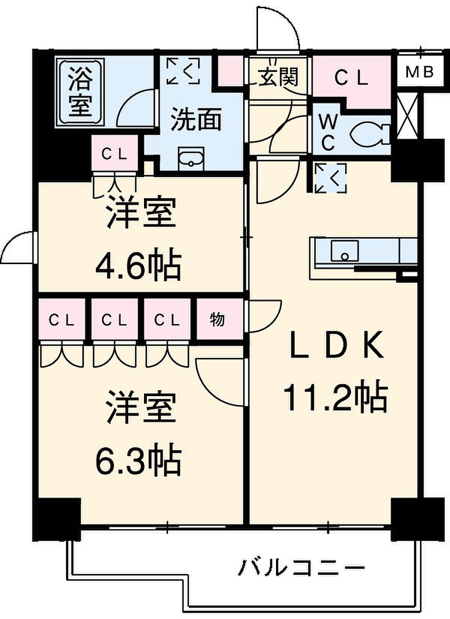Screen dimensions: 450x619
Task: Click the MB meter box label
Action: point(419,72)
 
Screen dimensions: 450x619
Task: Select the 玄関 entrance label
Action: point(279,77)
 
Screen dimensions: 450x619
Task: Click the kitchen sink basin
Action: point(345,251)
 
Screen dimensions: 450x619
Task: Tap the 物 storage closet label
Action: point(217,320)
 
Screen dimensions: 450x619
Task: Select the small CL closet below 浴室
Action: point(115,153)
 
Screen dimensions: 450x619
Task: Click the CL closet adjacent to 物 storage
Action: point(167,320)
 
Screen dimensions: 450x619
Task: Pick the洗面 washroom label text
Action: point(196,119)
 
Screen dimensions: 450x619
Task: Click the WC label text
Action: point(328,132)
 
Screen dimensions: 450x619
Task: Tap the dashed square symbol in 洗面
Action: point(183,71)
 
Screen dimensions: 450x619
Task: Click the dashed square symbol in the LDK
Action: point(331,178)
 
